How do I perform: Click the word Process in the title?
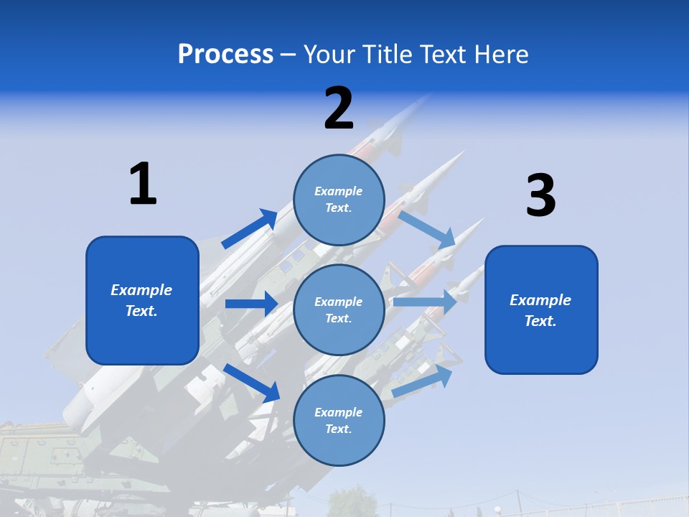pos(225,55)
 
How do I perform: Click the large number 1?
pos(143,184)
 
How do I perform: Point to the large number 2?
pos(339,108)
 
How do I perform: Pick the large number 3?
pos(540,196)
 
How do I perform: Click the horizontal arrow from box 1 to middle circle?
pos(251,304)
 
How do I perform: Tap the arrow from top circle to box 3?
pos(428,228)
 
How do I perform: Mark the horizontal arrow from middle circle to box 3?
pos(425,302)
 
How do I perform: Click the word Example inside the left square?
pos(141,290)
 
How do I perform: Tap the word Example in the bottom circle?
pos(339,412)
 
